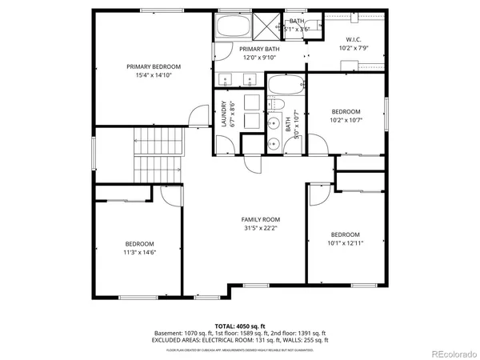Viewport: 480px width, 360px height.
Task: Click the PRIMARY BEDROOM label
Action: [x=154, y=66]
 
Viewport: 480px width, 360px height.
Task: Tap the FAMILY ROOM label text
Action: [x=261, y=219]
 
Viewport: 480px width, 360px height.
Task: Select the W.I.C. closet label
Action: [x=354, y=39]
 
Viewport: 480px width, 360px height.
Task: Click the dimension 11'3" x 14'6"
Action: [x=139, y=252]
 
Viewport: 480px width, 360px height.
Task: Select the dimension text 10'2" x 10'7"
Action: [x=346, y=120]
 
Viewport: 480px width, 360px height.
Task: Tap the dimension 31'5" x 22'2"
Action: [x=261, y=228]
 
